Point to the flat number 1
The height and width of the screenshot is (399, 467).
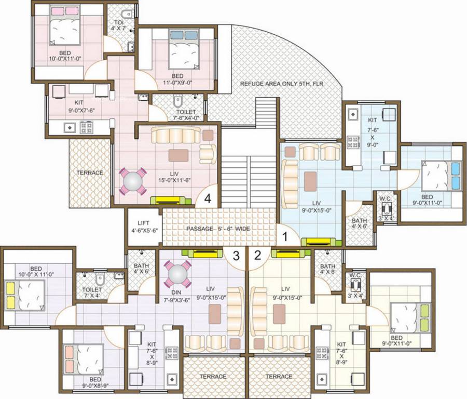click(x=284, y=236)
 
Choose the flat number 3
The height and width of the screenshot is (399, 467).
click(x=236, y=256)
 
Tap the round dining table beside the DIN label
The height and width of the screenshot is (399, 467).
click(x=178, y=273)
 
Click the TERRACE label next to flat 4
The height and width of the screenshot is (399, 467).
click(x=90, y=172)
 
